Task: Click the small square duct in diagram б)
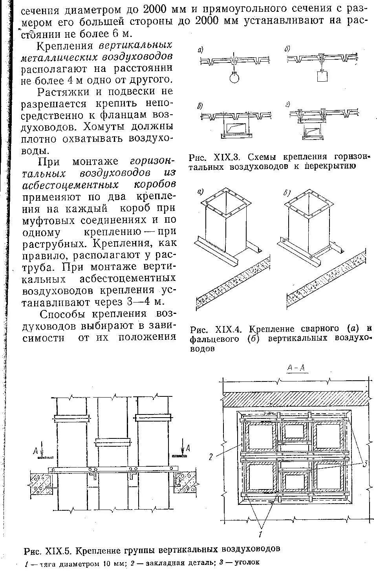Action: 321,75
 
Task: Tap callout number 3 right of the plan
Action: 365,464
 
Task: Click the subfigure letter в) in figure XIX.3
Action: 200,105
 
